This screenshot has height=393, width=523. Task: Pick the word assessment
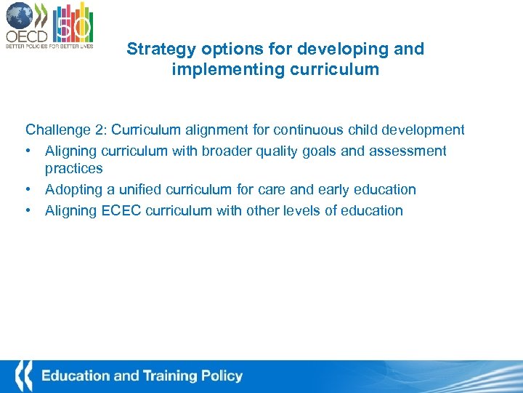[x=410, y=151]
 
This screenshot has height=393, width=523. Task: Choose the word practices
[x=74, y=169]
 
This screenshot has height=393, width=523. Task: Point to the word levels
[x=287, y=211]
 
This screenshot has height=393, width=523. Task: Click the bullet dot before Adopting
[x=30, y=190]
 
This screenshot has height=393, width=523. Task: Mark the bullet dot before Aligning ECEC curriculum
[x=30, y=211]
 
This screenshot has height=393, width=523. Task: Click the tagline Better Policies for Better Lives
[x=49, y=45]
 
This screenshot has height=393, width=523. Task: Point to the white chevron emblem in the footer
[x=24, y=376]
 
